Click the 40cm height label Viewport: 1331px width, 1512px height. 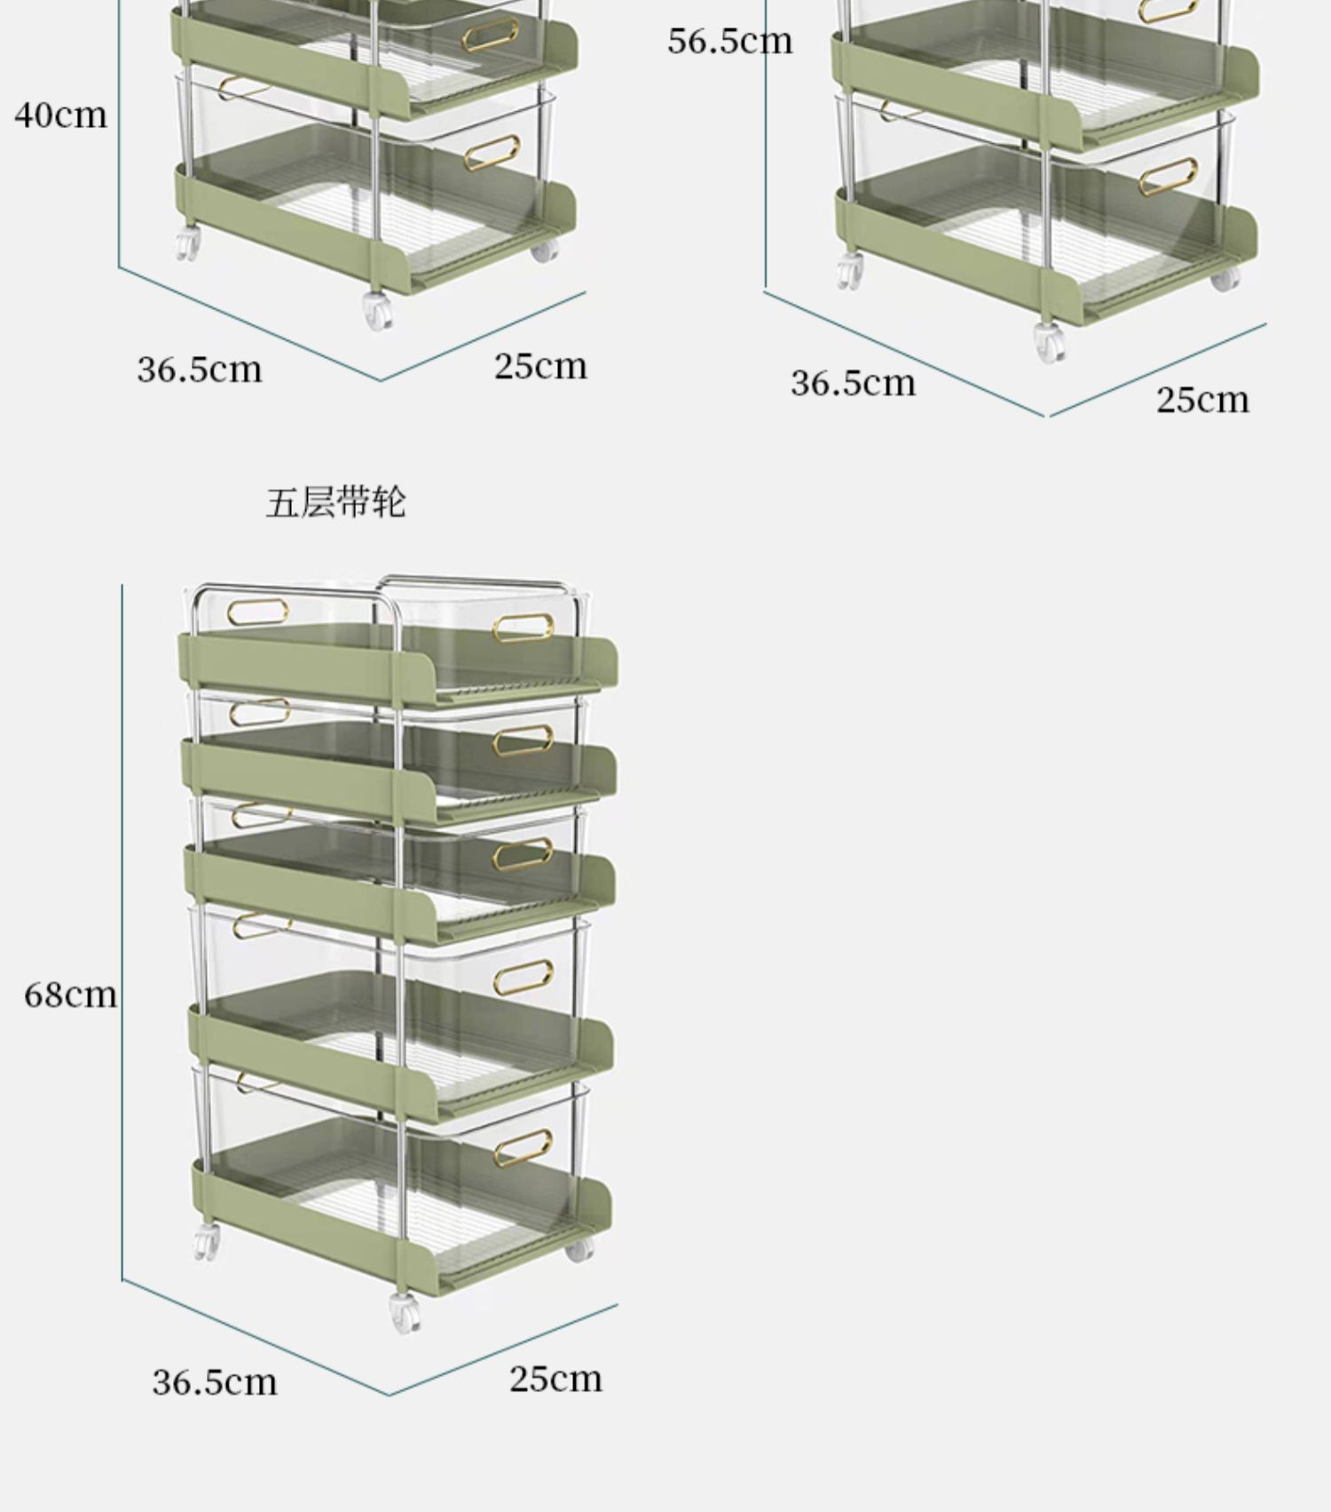[x=60, y=115]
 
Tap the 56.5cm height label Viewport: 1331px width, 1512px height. [x=729, y=42]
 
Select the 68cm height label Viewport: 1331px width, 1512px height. [x=70, y=994]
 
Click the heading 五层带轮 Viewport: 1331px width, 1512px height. [x=335, y=503]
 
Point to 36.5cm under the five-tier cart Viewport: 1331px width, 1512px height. [x=214, y=1382]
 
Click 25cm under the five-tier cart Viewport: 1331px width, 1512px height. [x=555, y=1379]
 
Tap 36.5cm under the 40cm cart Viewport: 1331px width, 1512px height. [x=200, y=369]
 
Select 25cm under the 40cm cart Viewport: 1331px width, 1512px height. [x=540, y=366]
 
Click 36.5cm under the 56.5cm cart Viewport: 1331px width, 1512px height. [x=853, y=383]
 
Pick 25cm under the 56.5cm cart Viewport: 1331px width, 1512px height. [x=1202, y=400]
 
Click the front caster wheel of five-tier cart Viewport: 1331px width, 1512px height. [x=405, y=1313]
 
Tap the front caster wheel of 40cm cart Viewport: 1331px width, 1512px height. [x=379, y=312]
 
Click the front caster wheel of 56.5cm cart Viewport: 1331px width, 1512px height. [x=1050, y=342]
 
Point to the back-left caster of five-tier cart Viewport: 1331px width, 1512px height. [x=206, y=1242]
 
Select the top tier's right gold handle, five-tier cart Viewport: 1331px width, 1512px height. [x=523, y=629]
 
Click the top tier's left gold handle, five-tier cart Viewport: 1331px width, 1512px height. [x=257, y=613]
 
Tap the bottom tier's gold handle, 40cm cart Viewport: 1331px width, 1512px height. [x=491, y=153]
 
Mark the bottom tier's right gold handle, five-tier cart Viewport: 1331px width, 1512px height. [x=523, y=1148]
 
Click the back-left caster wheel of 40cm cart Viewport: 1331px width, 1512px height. [x=187, y=243]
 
